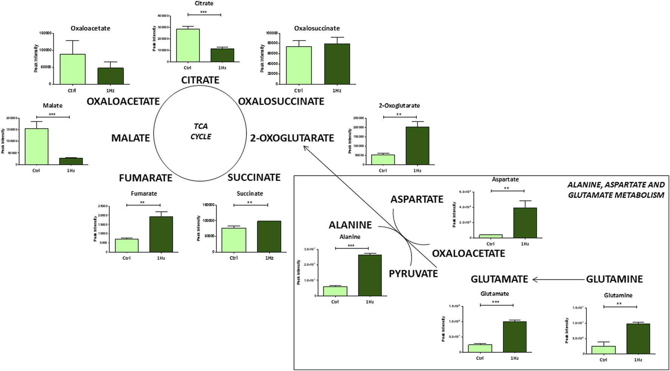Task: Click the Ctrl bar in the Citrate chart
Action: pos(188,45)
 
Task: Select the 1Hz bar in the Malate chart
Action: pos(71,161)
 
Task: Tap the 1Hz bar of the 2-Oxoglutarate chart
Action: pos(417,146)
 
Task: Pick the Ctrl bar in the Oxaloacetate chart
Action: pos(72,69)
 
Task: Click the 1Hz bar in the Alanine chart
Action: pos(370,275)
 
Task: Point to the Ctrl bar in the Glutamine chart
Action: pos(603,350)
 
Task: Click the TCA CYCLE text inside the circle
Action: pos(201,131)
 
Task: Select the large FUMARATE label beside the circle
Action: pos(146,178)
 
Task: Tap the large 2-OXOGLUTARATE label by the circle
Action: pos(292,138)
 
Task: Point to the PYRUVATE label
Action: pos(413,273)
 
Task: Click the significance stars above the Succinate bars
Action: pos(250,203)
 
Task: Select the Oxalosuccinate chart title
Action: pos(317,28)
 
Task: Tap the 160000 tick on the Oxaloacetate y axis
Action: pos(45,33)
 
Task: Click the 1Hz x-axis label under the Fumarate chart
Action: pos(161,258)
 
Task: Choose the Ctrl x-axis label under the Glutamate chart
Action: pos(479,358)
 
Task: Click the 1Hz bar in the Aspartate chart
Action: pos(525,223)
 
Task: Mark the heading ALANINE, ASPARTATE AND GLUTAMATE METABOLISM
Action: pos(616,190)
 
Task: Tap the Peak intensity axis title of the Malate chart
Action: pos(3,141)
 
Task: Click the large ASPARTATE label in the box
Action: pos(417,199)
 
